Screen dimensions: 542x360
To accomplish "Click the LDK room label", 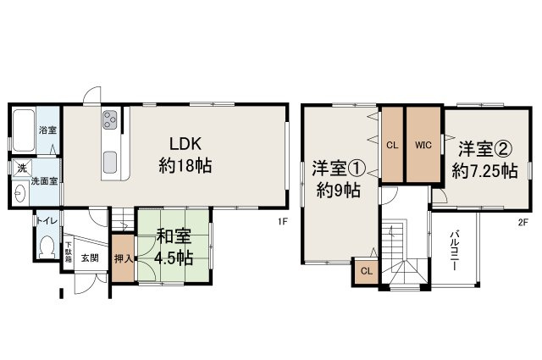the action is pos(185,143).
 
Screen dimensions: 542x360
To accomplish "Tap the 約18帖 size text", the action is pos(185,165).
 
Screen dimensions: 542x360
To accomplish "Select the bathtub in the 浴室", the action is pos(24,130).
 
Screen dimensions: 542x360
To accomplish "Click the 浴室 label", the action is pos(47,130).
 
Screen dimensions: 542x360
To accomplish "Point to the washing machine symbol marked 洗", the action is pos(22,169).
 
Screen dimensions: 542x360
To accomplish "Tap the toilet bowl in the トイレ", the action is pos(47,247).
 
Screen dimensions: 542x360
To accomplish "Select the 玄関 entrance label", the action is pos(90,258).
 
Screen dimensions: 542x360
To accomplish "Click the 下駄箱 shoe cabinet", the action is pos(69,253).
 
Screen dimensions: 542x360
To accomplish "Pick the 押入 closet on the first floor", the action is pos(123,258).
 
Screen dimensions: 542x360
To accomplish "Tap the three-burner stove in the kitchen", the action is pos(110,119).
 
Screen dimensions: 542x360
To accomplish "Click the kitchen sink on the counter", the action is pos(110,162).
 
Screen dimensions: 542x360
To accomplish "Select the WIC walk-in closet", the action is pos(423,145).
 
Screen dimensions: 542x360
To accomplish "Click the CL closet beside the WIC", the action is pos(392,145).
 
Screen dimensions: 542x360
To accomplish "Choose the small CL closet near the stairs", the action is pos(367,271).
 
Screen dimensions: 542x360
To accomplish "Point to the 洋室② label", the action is pos(485,149).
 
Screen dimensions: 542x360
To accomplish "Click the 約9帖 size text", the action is pos(339,191).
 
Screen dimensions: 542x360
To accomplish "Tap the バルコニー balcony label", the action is pos(454,251).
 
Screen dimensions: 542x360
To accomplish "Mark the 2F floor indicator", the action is pos(523,223).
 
